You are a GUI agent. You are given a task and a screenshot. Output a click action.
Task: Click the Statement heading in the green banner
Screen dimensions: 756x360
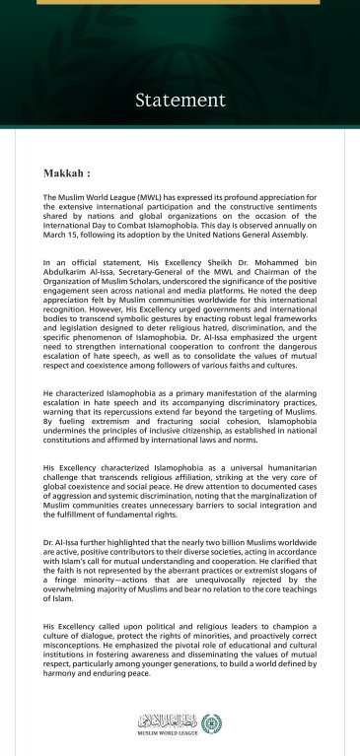[x=180, y=100]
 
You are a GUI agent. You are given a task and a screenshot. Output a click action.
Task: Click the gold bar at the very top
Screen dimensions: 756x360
[x=180, y=2]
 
